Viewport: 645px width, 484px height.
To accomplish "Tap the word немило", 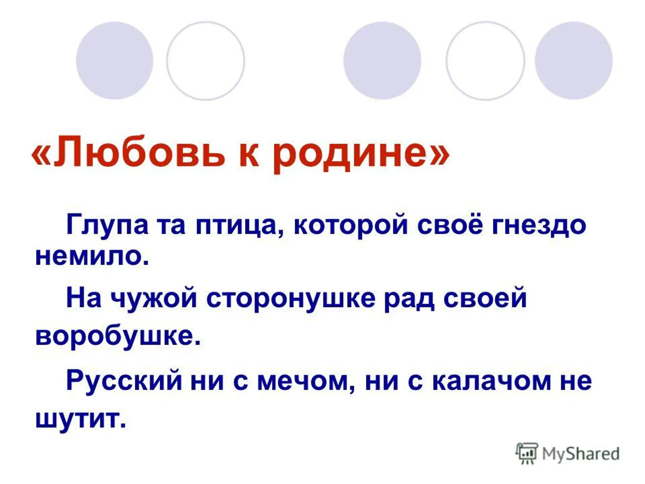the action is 92,257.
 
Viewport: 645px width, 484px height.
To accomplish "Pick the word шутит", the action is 80,419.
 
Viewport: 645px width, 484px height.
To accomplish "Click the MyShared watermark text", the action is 580,453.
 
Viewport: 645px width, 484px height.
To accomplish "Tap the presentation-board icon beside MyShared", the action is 527,453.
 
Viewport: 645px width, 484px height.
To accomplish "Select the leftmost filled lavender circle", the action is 114,60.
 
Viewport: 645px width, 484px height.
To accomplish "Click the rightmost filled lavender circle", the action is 574,60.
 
